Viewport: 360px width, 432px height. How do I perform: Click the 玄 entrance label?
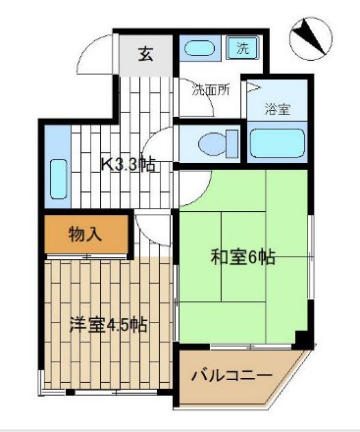click(145, 54)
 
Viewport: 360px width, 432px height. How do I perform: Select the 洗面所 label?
click(210, 90)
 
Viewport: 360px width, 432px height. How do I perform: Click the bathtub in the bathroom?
click(277, 142)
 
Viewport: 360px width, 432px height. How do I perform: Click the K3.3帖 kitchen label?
click(129, 163)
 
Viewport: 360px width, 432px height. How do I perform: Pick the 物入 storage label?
click(84, 236)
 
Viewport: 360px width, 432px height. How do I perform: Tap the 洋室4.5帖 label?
click(108, 323)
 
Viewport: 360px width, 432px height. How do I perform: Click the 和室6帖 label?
click(242, 258)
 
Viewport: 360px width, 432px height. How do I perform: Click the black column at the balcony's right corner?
click(305, 343)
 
